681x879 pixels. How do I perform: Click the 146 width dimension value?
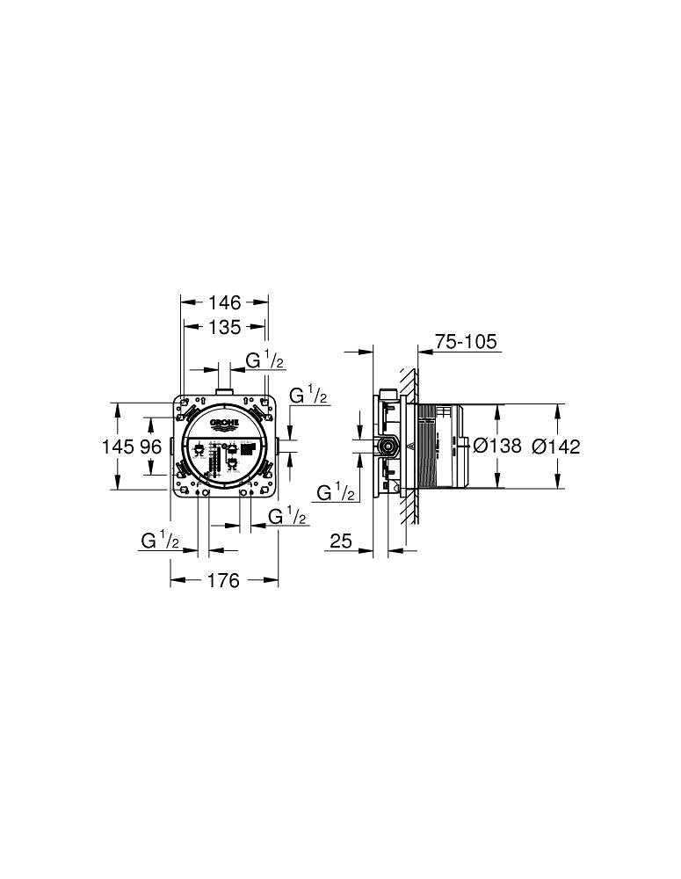coord(224,302)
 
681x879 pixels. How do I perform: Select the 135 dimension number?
coord(224,328)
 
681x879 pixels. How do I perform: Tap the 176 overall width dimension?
coord(223,582)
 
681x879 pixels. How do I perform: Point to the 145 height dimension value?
coord(118,447)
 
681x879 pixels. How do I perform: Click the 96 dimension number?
coord(150,447)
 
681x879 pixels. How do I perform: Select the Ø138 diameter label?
coord(497,447)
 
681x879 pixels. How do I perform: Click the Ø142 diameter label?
coord(556,447)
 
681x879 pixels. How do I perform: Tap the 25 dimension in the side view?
coord(342,542)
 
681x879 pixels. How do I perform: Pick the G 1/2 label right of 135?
coord(264,360)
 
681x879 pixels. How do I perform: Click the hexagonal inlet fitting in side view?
coord(387,447)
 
